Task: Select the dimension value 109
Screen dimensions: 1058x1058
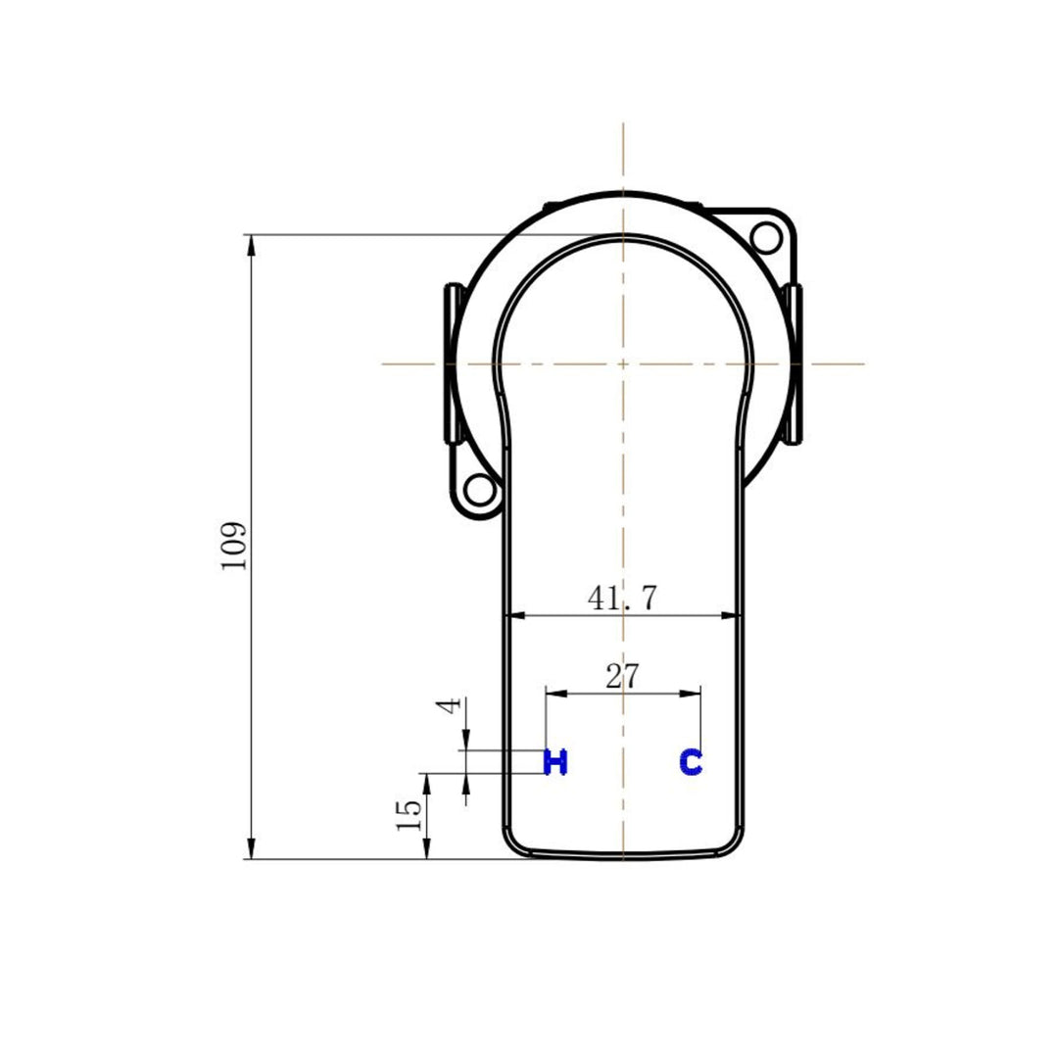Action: (x=234, y=546)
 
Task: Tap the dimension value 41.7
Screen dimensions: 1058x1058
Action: (x=622, y=599)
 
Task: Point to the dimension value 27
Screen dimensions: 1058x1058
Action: (x=622, y=676)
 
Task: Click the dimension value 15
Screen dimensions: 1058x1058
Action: (x=409, y=814)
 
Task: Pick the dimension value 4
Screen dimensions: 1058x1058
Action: (x=450, y=705)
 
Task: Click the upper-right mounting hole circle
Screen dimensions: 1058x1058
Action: (x=765, y=235)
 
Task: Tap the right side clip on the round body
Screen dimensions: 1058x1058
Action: (x=794, y=362)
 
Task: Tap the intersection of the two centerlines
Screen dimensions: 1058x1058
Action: (x=623, y=363)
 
